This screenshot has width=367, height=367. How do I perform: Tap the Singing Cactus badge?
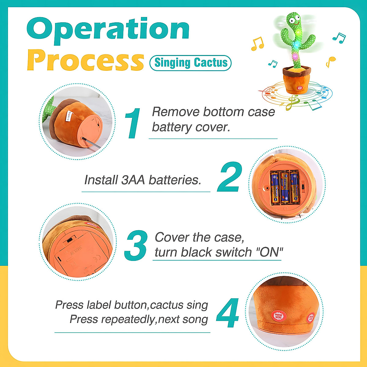190,63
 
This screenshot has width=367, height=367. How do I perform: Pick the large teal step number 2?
230,177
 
